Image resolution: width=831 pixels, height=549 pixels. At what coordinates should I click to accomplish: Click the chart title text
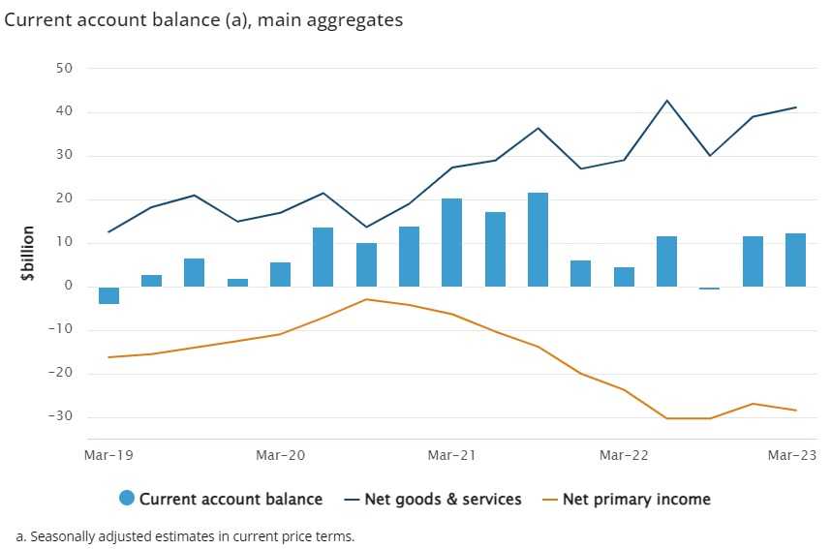click(x=203, y=19)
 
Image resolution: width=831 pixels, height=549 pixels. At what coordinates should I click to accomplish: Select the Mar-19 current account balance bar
click(x=108, y=295)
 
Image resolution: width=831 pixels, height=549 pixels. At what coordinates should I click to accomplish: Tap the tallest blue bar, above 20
click(x=538, y=239)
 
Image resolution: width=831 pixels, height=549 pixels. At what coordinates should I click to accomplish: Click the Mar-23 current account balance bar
click(x=795, y=259)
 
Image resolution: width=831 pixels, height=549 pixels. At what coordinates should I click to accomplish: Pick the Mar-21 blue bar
click(x=451, y=242)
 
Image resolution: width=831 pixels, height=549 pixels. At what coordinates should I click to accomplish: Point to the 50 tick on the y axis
click(x=66, y=69)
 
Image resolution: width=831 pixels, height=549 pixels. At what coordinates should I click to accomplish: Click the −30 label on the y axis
click(x=62, y=417)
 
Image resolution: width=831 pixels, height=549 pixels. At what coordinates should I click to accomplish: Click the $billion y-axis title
click(x=28, y=255)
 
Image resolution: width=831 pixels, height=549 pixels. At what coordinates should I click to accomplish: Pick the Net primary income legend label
click(x=636, y=500)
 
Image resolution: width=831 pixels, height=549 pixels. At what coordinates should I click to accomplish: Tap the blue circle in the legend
click(x=127, y=499)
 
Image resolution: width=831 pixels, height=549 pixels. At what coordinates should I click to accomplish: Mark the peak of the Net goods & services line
click(x=666, y=101)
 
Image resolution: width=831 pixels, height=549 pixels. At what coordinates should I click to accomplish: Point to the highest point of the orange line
click(x=366, y=299)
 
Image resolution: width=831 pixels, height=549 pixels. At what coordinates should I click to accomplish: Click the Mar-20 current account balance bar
click(x=280, y=274)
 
